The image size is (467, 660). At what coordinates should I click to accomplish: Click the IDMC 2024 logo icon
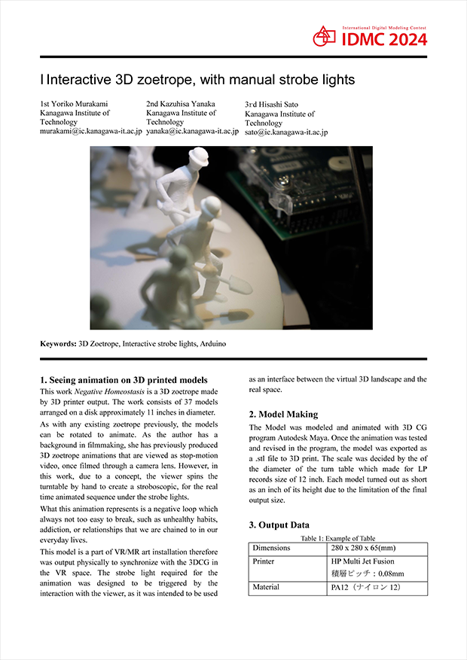click(x=325, y=35)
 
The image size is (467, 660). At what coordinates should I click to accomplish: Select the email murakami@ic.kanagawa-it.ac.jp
click(x=90, y=131)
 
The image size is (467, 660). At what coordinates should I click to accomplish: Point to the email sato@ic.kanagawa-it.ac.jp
click(x=286, y=132)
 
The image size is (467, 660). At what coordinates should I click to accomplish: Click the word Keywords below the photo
click(x=58, y=343)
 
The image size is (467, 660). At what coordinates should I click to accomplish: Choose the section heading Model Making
click(x=283, y=414)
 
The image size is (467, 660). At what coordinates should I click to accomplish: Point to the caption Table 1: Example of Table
click(x=337, y=538)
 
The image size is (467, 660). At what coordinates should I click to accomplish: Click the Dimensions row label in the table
click(x=270, y=548)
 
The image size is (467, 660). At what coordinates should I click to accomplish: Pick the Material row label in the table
click(x=266, y=587)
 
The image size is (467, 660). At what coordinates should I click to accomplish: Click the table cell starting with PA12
click(x=369, y=587)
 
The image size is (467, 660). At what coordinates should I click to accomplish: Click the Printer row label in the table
click(x=264, y=561)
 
